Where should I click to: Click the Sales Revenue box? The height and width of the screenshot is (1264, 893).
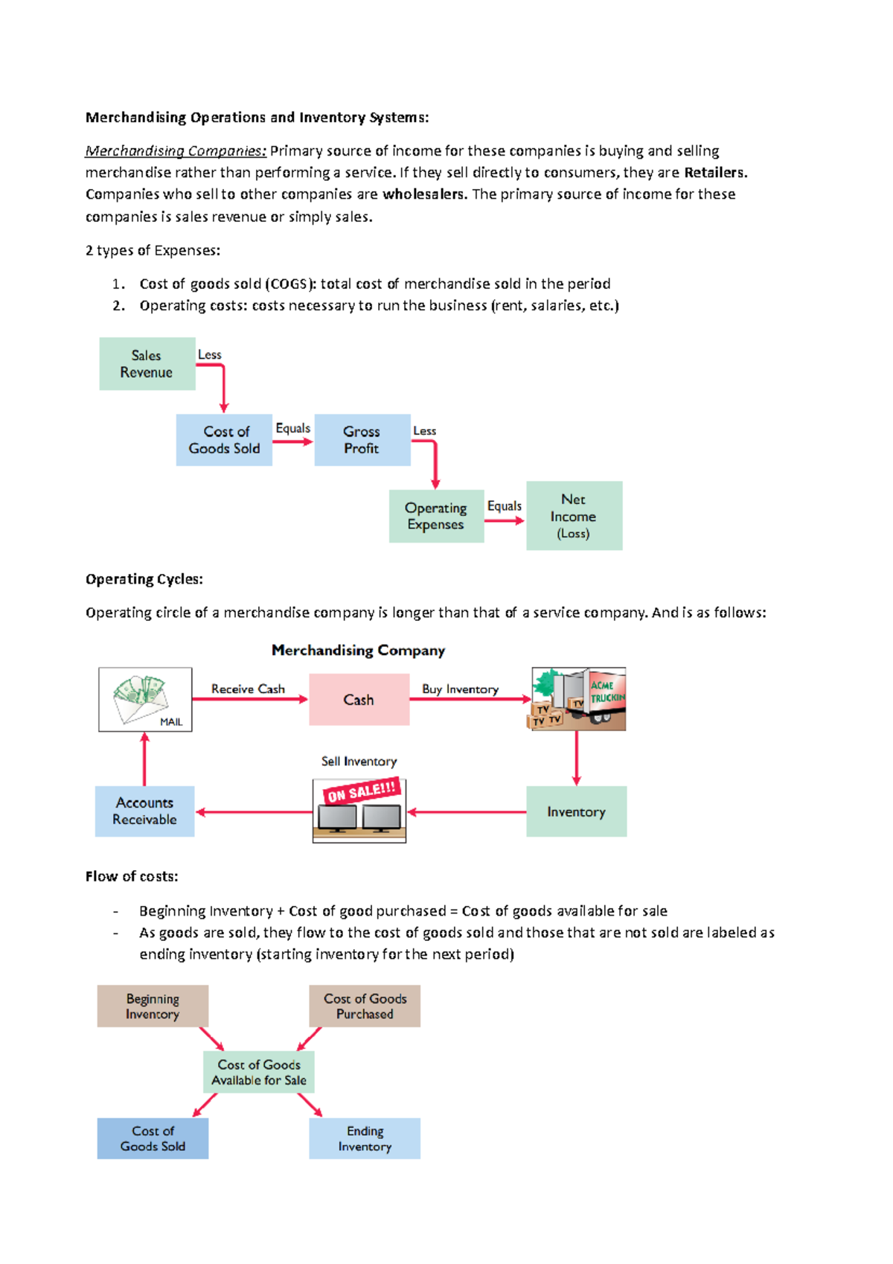147,364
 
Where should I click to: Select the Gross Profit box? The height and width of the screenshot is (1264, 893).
362,440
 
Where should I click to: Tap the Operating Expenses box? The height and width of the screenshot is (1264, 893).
436,516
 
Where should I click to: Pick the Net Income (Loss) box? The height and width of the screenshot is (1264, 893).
574,516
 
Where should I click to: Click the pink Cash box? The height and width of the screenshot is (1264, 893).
359,700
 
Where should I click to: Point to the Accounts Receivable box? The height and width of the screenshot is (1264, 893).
144,811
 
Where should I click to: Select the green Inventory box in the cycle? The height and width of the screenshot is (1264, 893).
576,811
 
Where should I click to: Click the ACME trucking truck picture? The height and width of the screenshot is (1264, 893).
579,699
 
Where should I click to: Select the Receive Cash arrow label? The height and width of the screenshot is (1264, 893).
248,689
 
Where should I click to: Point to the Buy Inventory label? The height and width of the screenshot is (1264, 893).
460,689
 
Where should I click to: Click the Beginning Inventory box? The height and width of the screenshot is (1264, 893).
153,1006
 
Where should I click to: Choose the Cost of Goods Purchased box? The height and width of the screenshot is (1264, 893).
365,1006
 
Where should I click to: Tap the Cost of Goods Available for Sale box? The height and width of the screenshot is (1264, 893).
259,1073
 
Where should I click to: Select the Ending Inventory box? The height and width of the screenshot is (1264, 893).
365,1139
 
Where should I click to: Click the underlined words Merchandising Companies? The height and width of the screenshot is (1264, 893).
176,151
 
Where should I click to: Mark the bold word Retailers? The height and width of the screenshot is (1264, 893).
714,173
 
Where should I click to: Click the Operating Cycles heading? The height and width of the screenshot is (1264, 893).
144,579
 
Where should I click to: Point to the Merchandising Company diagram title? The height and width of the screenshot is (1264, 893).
358,651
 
